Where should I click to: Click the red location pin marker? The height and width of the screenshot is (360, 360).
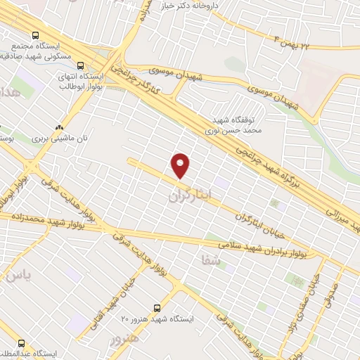point(181,165)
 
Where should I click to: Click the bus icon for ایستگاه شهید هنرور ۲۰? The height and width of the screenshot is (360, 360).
point(157,308)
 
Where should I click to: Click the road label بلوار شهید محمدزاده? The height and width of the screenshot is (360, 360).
point(42,221)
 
